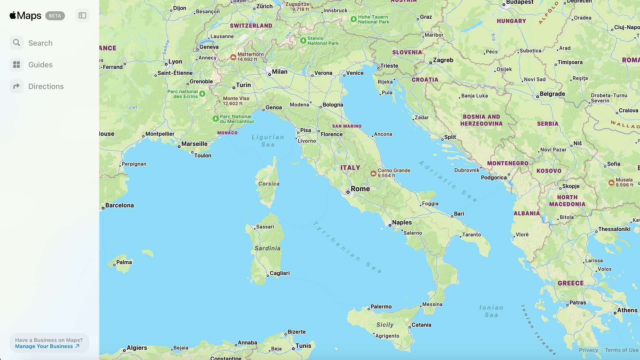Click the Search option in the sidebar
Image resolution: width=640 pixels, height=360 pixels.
(x=40, y=43)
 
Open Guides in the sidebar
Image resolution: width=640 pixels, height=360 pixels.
(x=40, y=65)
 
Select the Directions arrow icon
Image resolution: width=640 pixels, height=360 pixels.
(x=16, y=86)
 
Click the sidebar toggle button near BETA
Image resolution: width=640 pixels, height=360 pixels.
(x=82, y=16)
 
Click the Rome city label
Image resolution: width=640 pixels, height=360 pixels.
(x=360, y=189)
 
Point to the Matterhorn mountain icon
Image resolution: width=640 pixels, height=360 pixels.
(x=233, y=57)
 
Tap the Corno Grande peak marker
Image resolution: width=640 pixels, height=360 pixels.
(x=373, y=173)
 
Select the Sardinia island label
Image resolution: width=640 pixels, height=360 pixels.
(x=267, y=248)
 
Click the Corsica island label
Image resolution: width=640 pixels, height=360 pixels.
(x=269, y=184)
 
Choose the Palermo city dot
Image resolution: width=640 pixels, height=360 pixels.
(x=369, y=309)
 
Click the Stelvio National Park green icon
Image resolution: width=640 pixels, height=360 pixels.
(x=303, y=40)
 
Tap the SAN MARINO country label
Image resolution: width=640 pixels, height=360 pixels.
(x=347, y=126)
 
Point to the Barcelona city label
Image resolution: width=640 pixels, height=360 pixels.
(x=119, y=205)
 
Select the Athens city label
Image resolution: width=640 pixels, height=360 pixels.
(x=627, y=310)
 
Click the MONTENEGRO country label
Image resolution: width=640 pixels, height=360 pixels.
(x=508, y=163)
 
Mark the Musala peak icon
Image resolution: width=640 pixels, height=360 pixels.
(x=611, y=183)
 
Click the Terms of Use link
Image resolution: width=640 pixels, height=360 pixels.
(x=621, y=350)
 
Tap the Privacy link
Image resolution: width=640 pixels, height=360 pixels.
(x=588, y=350)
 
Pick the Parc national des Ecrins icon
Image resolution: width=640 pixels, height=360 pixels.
(x=202, y=94)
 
